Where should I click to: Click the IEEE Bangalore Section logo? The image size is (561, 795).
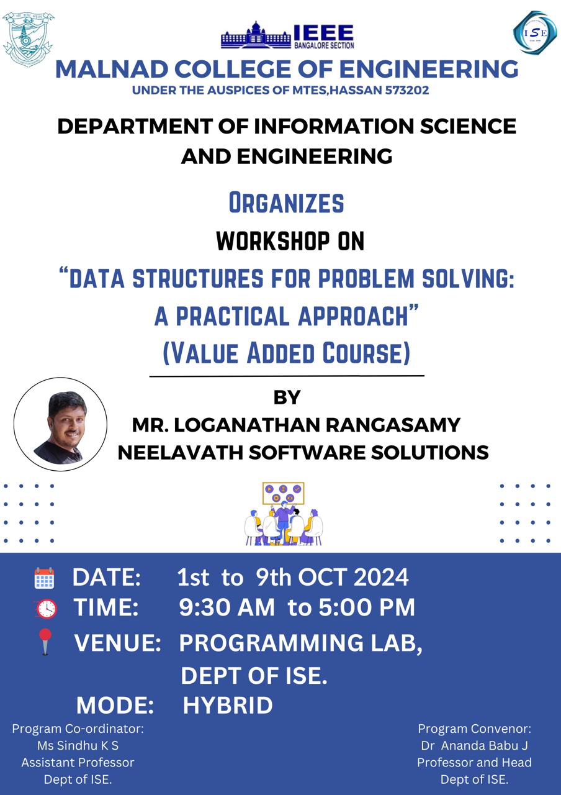(x=287, y=35)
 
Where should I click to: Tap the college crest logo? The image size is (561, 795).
(x=28, y=39)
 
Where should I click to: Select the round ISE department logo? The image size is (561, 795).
(x=535, y=32)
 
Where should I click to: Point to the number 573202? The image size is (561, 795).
(x=406, y=90)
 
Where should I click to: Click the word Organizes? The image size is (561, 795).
(x=287, y=202)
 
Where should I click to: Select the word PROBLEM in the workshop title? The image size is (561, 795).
(x=366, y=278)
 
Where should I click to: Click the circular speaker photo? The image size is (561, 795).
(x=60, y=424)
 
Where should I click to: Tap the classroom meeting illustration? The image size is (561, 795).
(x=284, y=514)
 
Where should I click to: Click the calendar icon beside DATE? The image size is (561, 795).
(x=44, y=578)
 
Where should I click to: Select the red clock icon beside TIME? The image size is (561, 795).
(x=46, y=609)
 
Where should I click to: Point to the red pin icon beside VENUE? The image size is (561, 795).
(x=45, y=642)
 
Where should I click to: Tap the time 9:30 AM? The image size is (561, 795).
(x=227, y=607)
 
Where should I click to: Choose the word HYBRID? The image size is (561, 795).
(x=228, y=705)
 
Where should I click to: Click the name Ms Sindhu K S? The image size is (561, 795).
(x=78, y=746)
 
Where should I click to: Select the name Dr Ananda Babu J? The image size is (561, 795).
(x=475, y=746)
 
